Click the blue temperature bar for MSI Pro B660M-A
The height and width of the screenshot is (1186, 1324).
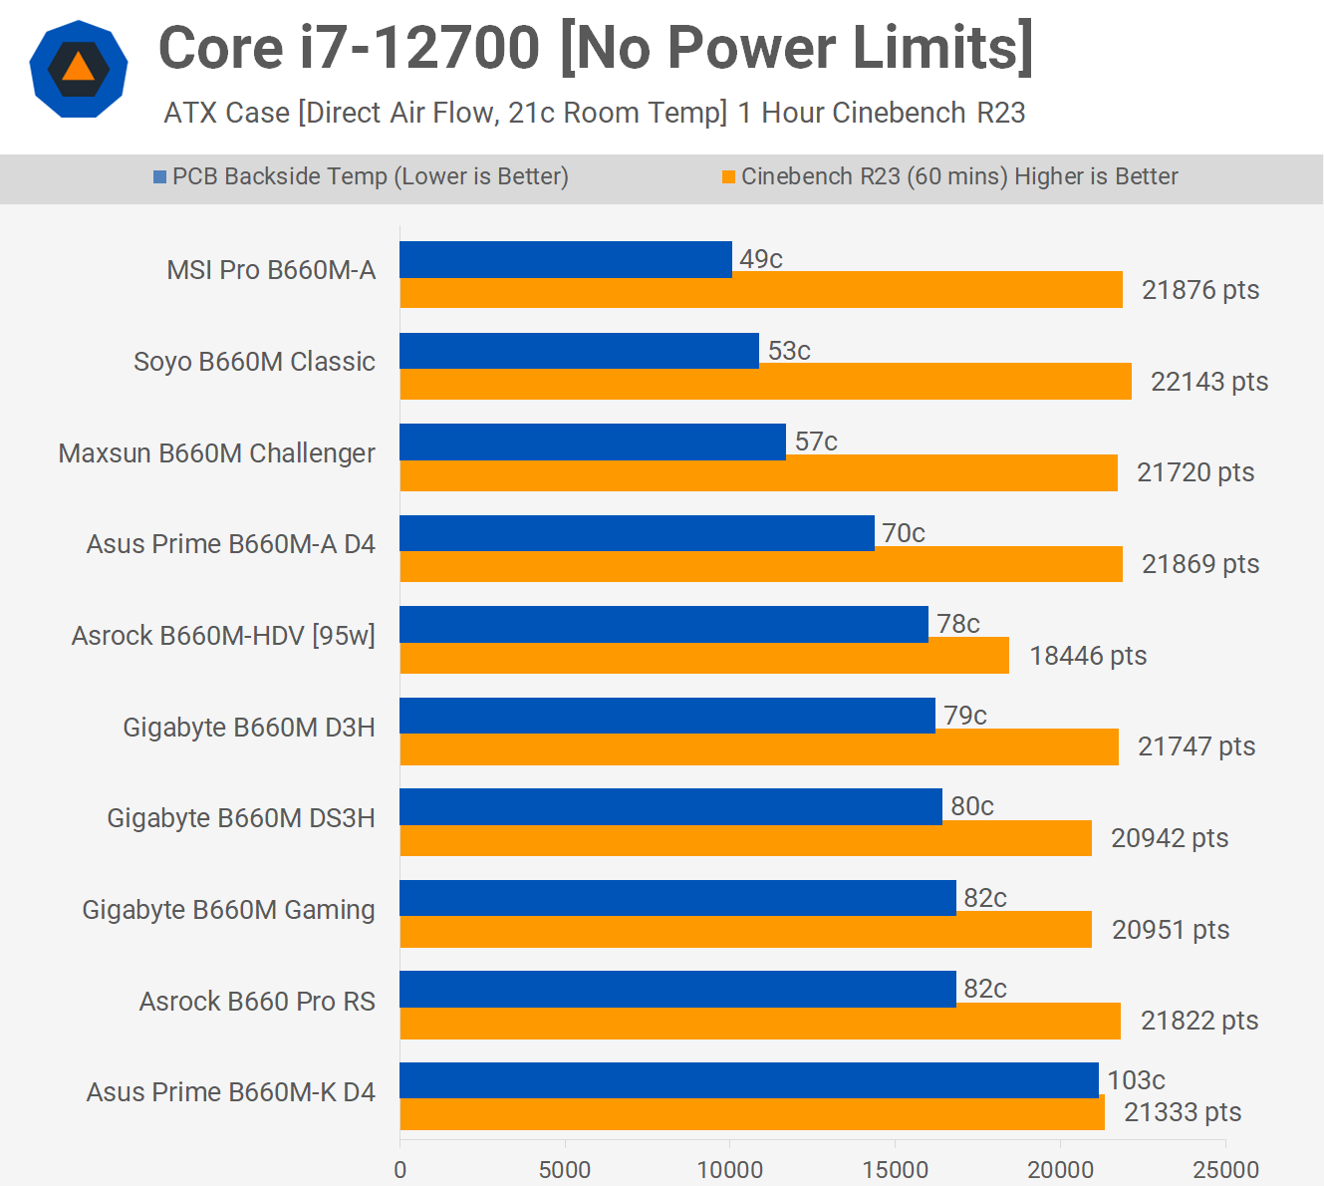pos(566,259)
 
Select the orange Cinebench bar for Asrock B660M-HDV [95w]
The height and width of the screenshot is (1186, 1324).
pos(704,656)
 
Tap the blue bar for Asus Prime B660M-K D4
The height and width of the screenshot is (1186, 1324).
pos(749,1080)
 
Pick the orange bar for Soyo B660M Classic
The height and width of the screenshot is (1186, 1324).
pos(765,382)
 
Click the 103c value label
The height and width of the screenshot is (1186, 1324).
pos(1136,1080)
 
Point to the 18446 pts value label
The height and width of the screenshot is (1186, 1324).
pos(1088,656)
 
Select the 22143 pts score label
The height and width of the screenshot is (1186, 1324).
pos(1209,382)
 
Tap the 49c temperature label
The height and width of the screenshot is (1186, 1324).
pos(761,259)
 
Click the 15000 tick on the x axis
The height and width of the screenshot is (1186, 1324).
pos(895,1169)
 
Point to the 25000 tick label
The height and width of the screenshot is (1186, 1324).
pos(1225,1169)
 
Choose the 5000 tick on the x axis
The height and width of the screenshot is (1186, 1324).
pos(565,1169)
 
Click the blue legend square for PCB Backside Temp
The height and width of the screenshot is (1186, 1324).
pos(159,177)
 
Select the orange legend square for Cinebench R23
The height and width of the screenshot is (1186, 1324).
pos(728,177)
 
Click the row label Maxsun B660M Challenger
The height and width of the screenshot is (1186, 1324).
pos(217,453)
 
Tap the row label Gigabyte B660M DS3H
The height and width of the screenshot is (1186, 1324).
pos(241,818)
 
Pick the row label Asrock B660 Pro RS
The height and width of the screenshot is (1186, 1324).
pos(257,1002)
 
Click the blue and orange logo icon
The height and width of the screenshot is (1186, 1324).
pos(79,69)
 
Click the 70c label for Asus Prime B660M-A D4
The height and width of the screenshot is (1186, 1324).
pos(904,533)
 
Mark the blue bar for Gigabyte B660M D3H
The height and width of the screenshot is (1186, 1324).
pos(667,716)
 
